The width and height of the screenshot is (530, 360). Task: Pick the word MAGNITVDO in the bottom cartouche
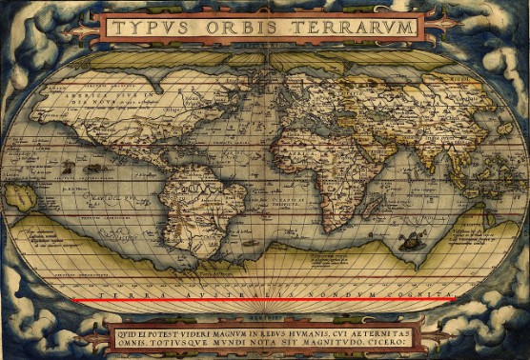[x=349, y=346]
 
